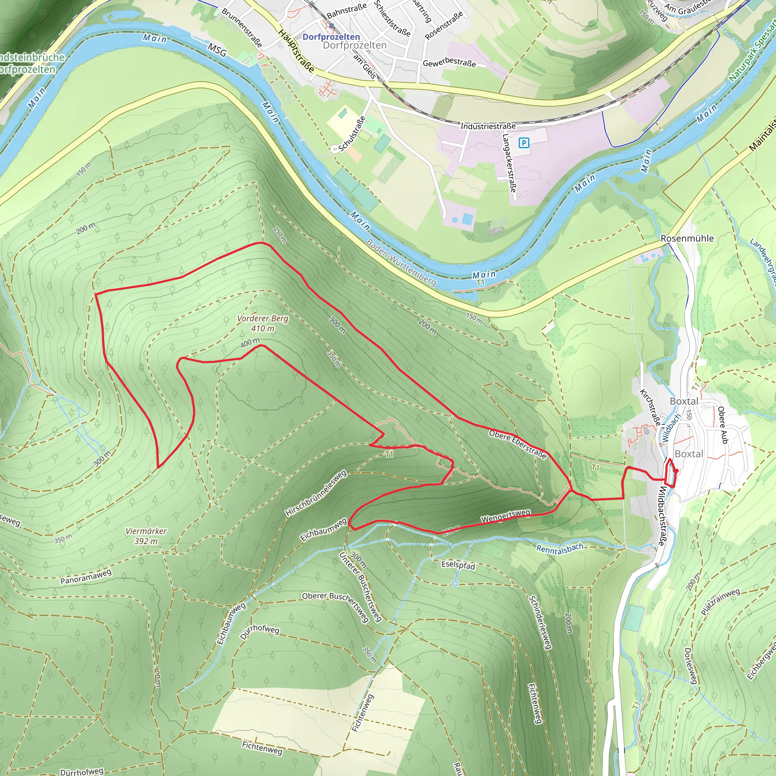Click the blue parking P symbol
pyautogui.click(x=523, y=142)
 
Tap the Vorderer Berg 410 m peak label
pyautogui.click(x=263, y=323)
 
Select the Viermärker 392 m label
pyautogui.click(x=146, y=536)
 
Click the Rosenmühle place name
pyautogui.click(x=687, y=238)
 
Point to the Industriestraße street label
pyautogui.click(x=488, y=126)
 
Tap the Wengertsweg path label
pyautogui.click(x=506, y=516)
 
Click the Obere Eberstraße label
pyautogui.click(x=518, y=444)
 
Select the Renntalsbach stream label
pyautogui.click(x=560, y=548)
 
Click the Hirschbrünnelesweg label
pyautogui.click(x=316, y=493)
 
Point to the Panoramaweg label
pyautogui.click(x=86, y=576)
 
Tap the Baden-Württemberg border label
pyautogui.click(x=401, y=262)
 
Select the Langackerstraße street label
pyautogui.click(x=509, y=163)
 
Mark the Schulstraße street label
pyautogui.click(x=352, y=134)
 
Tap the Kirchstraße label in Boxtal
pyautogui.click(x=649, y=407)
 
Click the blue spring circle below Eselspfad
pyautogui.click(x=455, y=584)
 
